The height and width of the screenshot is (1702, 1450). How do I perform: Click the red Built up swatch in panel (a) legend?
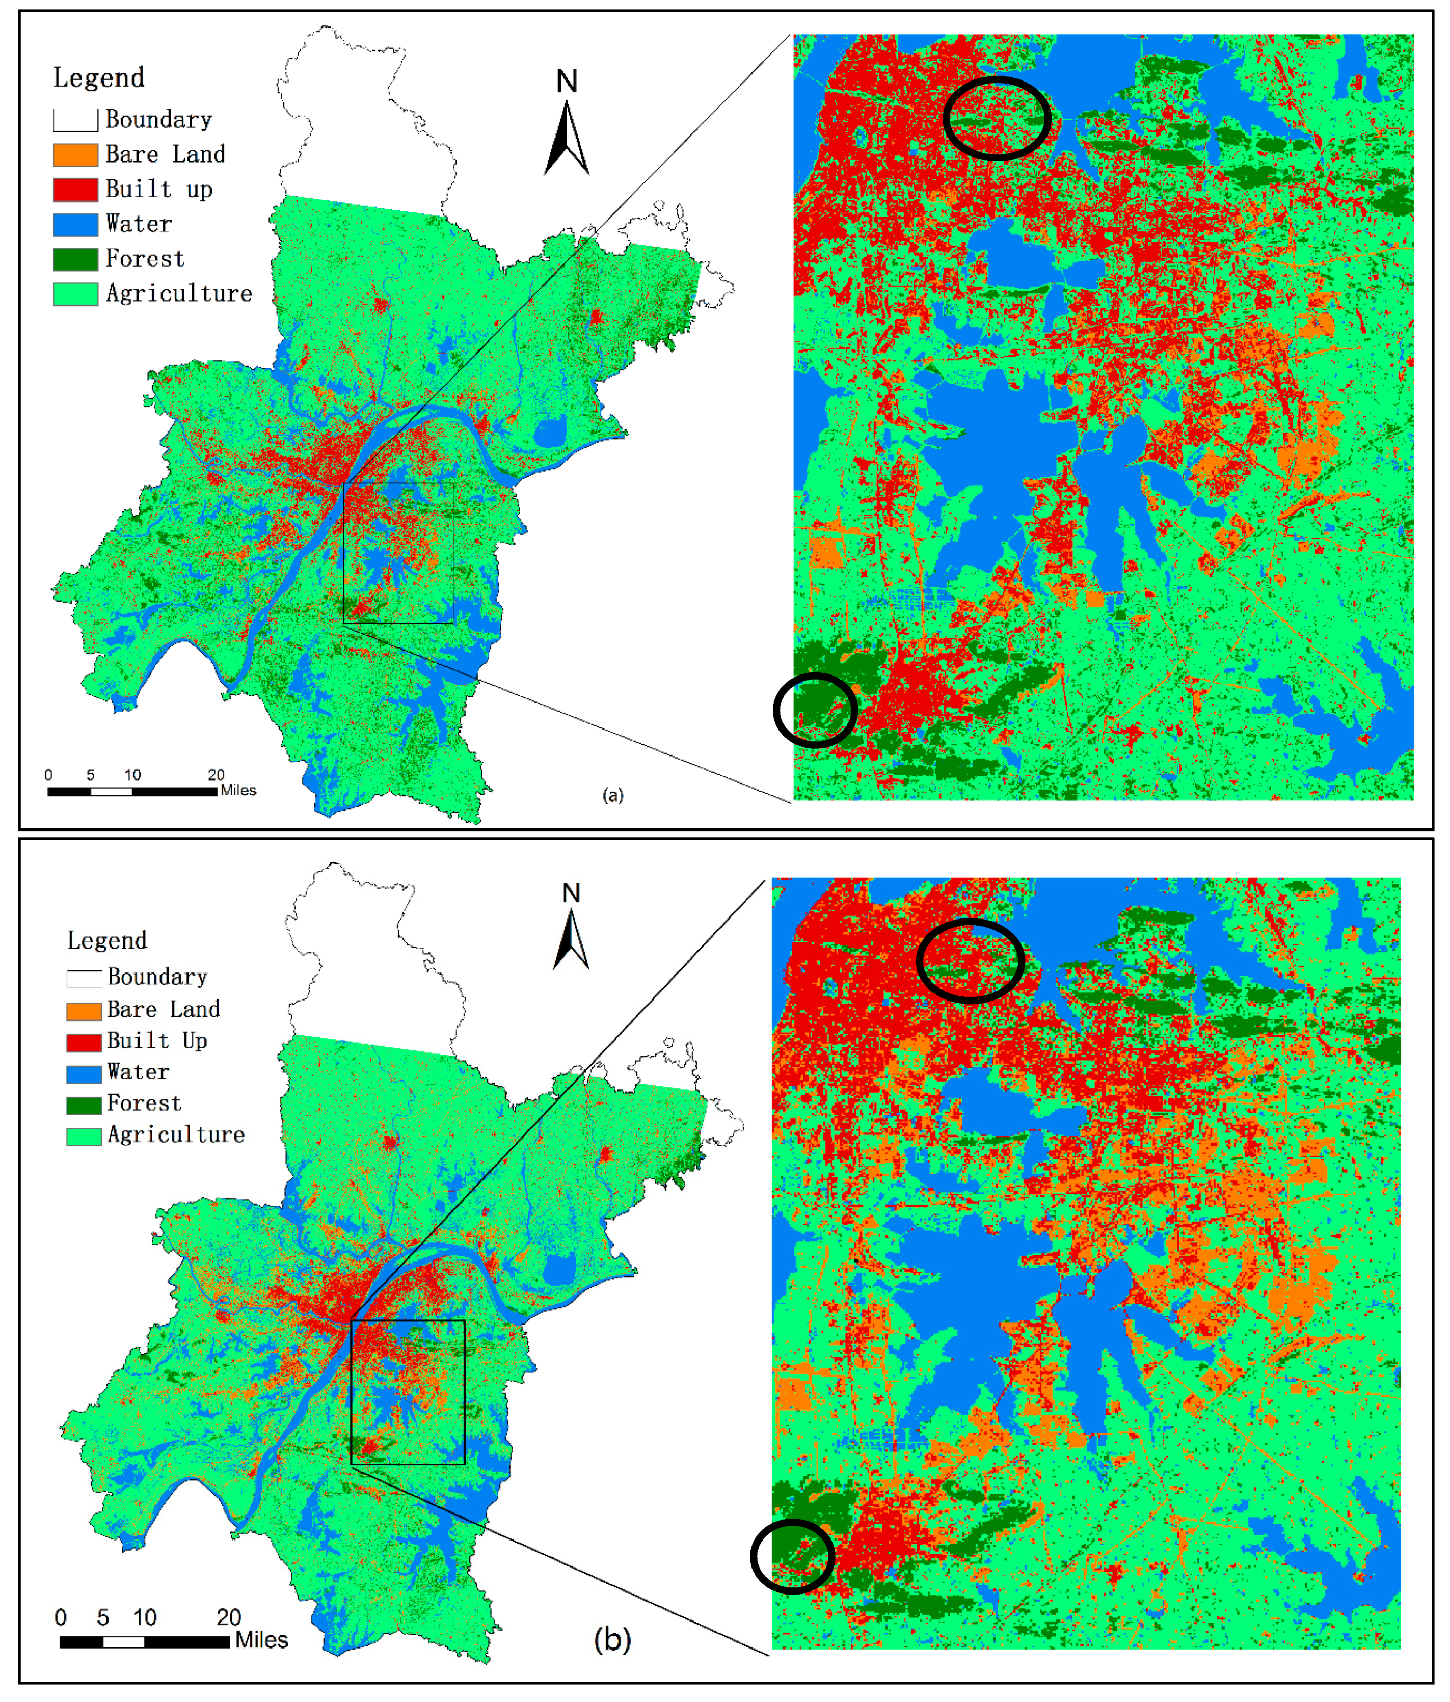(75, 190)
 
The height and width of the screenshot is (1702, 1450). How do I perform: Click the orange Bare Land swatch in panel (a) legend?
(75, 154)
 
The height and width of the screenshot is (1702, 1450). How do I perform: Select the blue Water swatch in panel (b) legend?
(83, 1073)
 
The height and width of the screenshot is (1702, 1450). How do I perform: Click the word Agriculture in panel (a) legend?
(179, 294)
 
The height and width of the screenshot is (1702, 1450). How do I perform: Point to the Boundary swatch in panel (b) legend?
(83, 978)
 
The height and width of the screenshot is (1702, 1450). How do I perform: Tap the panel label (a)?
(613, 795)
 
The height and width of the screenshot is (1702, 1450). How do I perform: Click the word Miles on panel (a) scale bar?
(238, 790)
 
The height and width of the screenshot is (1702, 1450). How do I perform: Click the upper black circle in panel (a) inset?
(997, 118)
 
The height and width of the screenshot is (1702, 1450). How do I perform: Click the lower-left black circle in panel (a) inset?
(815, 710)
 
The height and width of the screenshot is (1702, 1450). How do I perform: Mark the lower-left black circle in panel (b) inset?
(792, 1557)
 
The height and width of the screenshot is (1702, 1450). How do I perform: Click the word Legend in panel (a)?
(98, 78)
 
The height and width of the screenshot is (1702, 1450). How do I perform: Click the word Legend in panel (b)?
(107, 940)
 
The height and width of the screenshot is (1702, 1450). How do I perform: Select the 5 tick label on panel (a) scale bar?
(90, 775)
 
